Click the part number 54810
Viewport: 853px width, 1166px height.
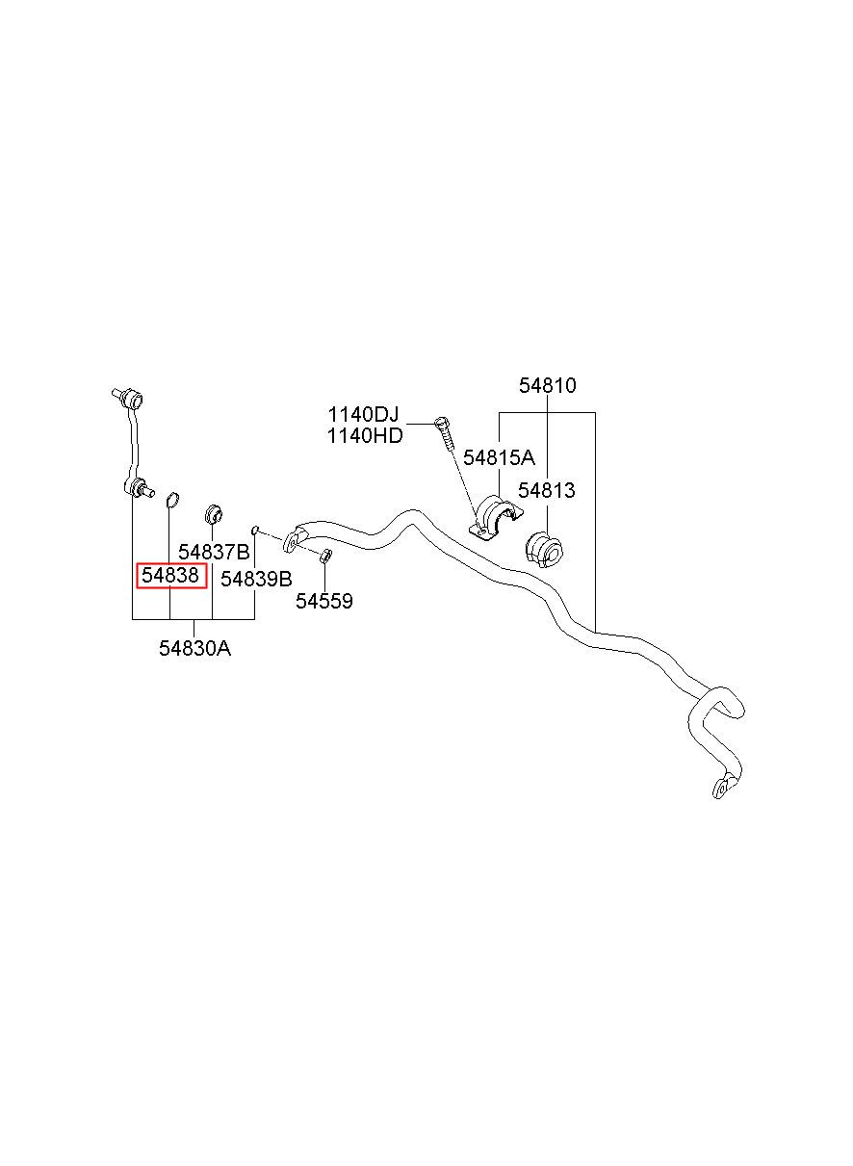tap(547, 386)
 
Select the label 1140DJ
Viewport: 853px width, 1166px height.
tap(363, 415)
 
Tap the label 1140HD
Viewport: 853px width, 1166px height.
tap(365, 436)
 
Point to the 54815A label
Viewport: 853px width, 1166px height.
tap(499, 457)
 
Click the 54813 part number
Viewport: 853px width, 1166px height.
tap(547, 490)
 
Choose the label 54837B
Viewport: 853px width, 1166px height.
tap(214, 552)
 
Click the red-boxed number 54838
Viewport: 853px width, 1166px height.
tap(170, 575)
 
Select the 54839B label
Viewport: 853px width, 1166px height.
tap(256, 579)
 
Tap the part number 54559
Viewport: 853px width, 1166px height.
tap(323, 601)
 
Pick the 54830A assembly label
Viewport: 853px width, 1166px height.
tap(194, 648)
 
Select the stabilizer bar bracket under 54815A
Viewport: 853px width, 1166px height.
tap(496, 518)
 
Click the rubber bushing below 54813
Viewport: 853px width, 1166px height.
tap(544, 550)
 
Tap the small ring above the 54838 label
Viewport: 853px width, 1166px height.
tap(172, 500)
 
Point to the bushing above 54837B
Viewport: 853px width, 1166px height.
tap(213, 514)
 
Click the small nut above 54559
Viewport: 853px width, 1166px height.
tap(324, 556)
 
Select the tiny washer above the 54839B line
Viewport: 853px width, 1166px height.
tap(255, 530)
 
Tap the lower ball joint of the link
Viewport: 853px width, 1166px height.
tap(138, 488)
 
